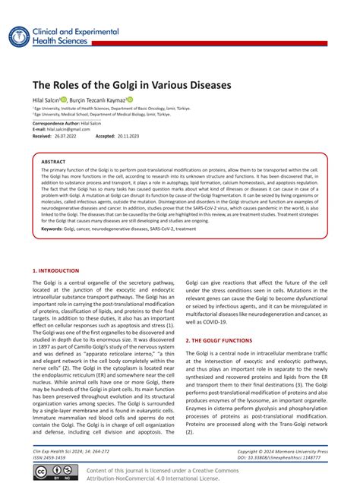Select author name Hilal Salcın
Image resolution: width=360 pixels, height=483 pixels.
(47, 99)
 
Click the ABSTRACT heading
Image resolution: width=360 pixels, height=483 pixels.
(53, 162)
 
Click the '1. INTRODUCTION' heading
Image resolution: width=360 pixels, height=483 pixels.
(55, 270)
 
